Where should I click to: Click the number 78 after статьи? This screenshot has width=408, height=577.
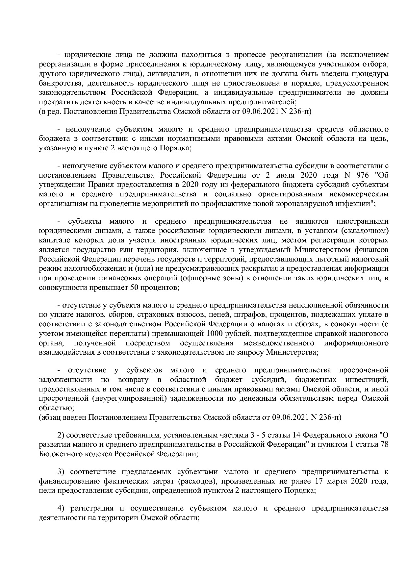384,445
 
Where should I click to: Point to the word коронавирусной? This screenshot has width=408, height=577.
309,203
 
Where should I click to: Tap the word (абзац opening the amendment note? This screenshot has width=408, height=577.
48,417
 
